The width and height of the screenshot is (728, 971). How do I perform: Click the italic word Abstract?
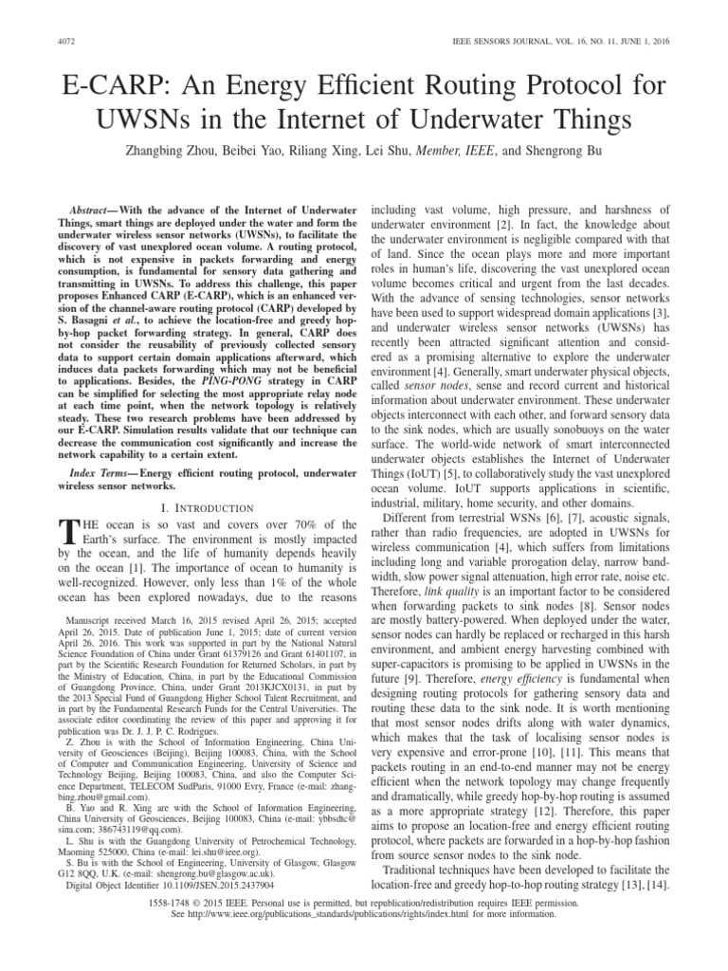click(x=95, y=208)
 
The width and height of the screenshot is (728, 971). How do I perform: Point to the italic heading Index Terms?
click(x=100, y=472)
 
